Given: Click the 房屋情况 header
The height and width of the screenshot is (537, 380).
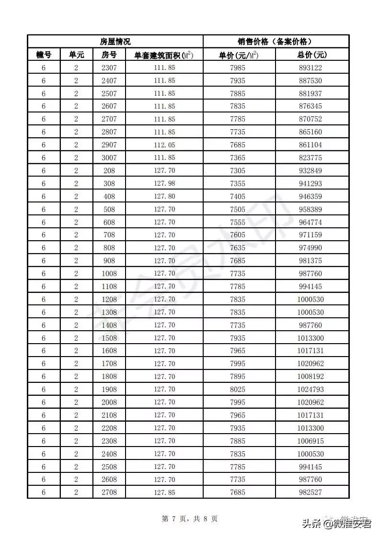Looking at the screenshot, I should click(x=115, y=42).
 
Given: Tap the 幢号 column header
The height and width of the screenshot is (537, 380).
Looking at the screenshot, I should click(x=44, y=55).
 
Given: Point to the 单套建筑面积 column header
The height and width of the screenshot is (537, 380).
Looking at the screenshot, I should click(x=164, y=55).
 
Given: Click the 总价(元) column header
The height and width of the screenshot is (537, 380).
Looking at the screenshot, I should click(x=311, y=55).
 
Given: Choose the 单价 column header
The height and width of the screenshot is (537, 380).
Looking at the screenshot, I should click(x=238, y=55).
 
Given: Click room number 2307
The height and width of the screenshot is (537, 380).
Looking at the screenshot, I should click(x=109, y=67).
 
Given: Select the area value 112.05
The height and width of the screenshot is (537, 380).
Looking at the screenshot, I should click(x=164, y=145).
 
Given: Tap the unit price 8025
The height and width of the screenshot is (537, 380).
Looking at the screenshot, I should click(x=238, y=389).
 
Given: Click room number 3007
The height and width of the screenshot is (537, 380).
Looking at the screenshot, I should click(x=109, y=157).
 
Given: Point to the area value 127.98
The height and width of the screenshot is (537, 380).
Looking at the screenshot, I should click(x=164, y=183).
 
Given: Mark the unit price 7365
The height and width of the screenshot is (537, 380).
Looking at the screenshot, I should click(x=238, y=157).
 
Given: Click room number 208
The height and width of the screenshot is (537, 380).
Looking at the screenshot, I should click(x=109, y=170).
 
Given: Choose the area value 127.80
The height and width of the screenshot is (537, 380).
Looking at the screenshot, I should click(x=164, y=196).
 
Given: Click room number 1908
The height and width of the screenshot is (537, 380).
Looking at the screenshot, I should click(x=109, y=389).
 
